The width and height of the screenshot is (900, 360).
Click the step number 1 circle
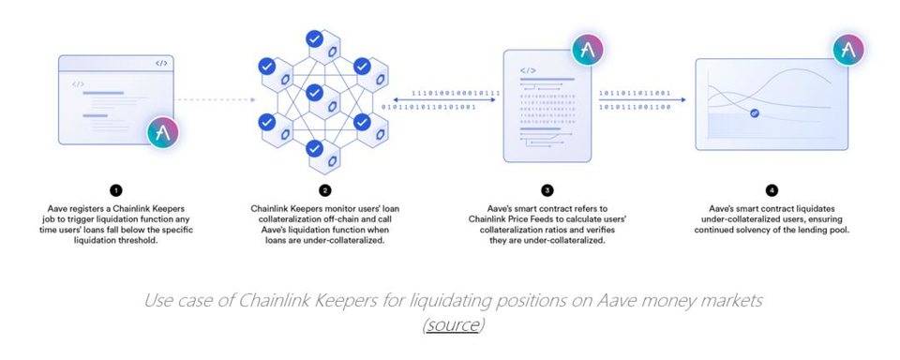[x=110, y=191]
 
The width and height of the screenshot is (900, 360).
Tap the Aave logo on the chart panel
[x=847, y=49]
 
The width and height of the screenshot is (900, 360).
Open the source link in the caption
[x=453, y=324]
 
